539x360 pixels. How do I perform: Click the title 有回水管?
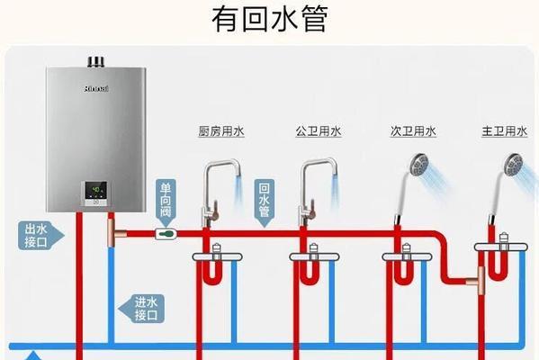pyautogui.click(x=270, y=20)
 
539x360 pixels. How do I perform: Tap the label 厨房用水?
pyautogui.click(x=221, y=131)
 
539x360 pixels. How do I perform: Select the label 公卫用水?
pyautogui.click(x=319, y=131)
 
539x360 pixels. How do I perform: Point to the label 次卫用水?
pyautogui.click(x=413, y=131)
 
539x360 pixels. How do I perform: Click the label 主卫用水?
pyautogui.click(x=504, y=131)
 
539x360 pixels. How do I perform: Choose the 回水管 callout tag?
pyautogui.click(x=264, y=202)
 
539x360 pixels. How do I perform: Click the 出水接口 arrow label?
pyautogui.click(x=40, y=236)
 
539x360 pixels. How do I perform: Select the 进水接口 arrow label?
pyautogui.click(x=141, y=309)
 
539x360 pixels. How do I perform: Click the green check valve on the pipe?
pyautogui.click(x=166, y=234)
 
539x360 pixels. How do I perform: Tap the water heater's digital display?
pyautogui.click(x=96, y=192)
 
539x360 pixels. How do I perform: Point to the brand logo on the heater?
pyautogui.click(x=96, y=89)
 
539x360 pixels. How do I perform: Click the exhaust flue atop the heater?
pyautogui.click(x=95, y=61)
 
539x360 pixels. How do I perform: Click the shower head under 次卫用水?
pyautogui.click(x=418, y=165)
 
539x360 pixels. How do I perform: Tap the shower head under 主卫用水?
pyautogui.click(x=512, y=165)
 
